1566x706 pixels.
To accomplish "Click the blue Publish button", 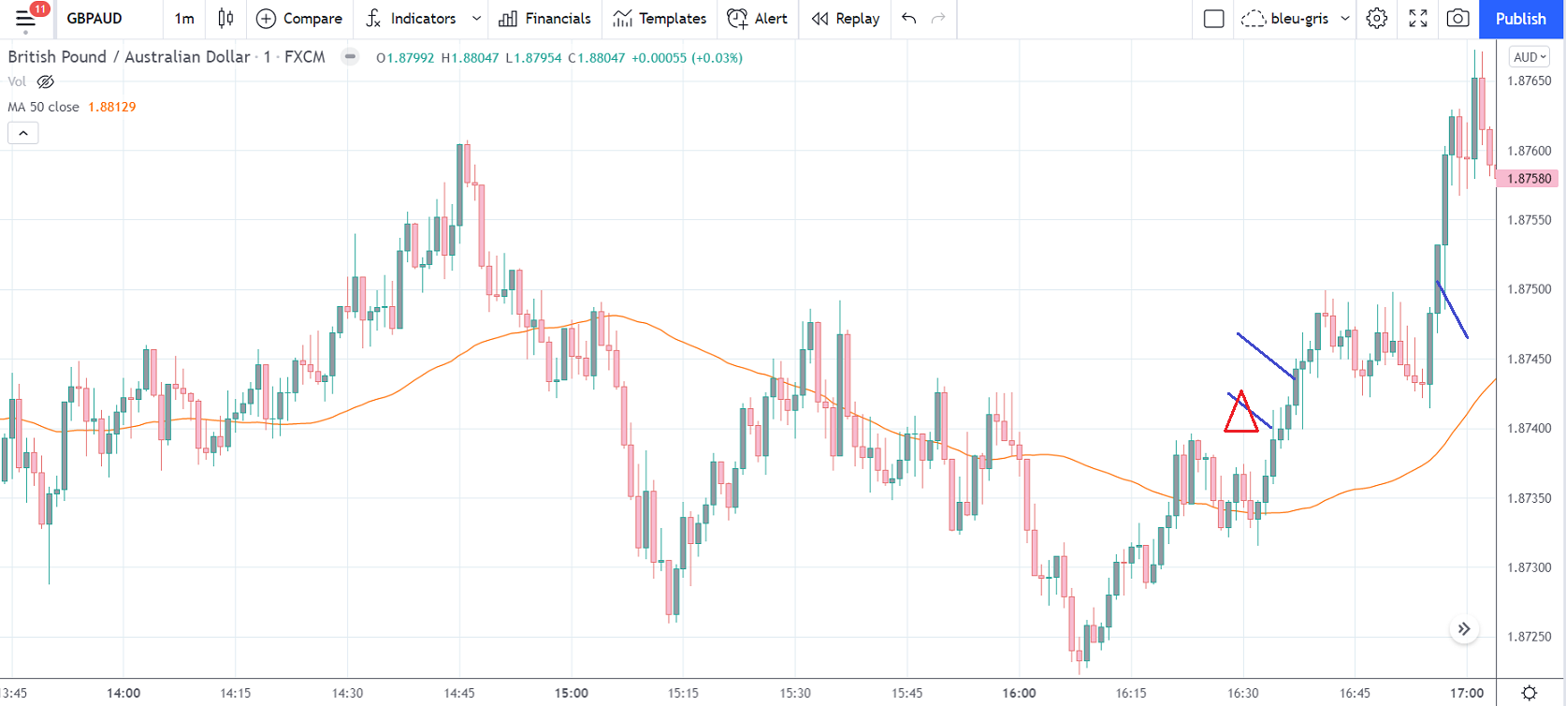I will tap(1520, 19).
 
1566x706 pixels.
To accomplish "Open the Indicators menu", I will tap(412, 19).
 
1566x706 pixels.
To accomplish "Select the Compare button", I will tap(299, 19).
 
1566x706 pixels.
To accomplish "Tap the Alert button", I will tap(758, 19).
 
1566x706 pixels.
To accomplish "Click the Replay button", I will tap(846, 19).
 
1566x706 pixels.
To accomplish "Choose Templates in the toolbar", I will tap(660, 19).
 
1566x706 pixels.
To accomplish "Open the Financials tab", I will tap(545, 19).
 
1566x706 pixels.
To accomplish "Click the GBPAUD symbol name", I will tap(94, 19).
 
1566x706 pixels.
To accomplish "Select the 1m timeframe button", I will tap(184, 19).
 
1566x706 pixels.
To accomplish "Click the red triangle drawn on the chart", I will tap(1240, 414).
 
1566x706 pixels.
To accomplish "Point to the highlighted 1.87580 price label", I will tap(1529, 178).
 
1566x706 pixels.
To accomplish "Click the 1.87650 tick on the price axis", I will tap(1529, 81).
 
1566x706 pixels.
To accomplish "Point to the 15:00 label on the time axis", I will tap(572, 693).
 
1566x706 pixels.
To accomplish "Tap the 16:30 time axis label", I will tap(1242, 693).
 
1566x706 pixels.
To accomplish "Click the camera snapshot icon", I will tap(1457, 19).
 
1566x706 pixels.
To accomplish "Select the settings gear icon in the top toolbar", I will tap(1376, 19).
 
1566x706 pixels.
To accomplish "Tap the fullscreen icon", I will tap(1418, 19).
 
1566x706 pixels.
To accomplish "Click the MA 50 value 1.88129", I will tap(111, 107).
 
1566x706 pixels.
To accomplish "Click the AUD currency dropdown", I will tap(1530, 57).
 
